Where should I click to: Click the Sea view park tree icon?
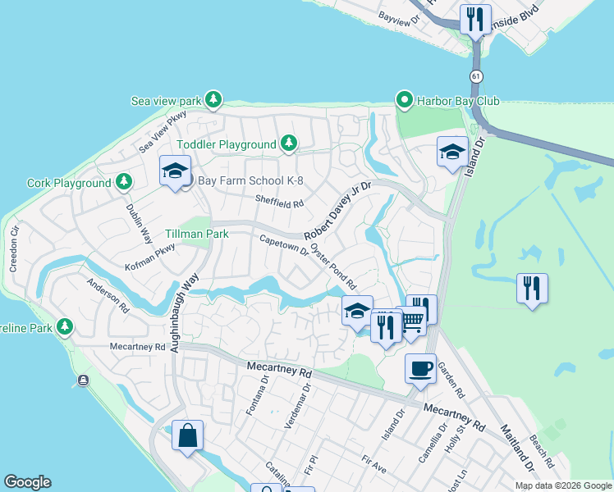[x=213, y=100]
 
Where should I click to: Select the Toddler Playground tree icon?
[x=288, y=144]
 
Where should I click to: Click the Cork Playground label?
[x=69, y=183]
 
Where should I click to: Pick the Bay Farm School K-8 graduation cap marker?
[x=174, y=171]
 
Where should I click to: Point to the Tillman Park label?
[x=196, y=234]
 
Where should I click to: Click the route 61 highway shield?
[x=476, y=76]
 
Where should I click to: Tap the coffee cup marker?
[x=420, y=369]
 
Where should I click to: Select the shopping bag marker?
[x=187, y=435]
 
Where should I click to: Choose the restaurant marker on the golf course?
[x=532, y=289]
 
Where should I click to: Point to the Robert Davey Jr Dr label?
[x=338, y=211]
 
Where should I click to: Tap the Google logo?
[x=27, y=482]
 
